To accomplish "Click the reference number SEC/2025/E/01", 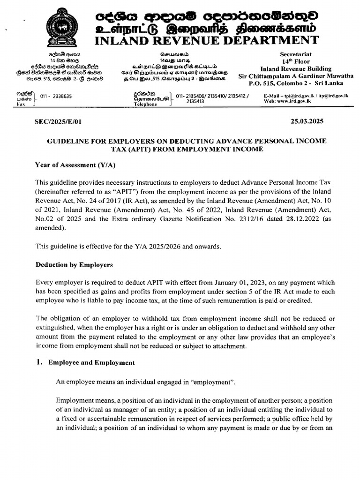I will coord(59,122).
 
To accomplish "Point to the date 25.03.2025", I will coord(307,121).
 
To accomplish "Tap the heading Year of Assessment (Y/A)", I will coord(75,165).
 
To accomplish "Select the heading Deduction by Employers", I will coord(75,265).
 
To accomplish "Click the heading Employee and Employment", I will coord(91,363).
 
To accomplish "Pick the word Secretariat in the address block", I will coord(296,54).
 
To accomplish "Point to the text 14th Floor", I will coord(296,61).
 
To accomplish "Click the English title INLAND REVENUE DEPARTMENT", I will coord(206,40).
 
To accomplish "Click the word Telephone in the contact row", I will coord(145,105).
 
